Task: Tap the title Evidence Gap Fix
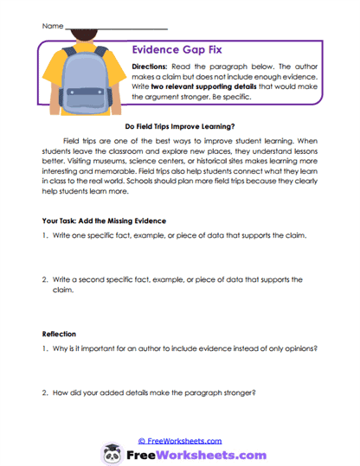pos(176,51)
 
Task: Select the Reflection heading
pos(61,333)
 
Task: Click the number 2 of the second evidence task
pos(45,280)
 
